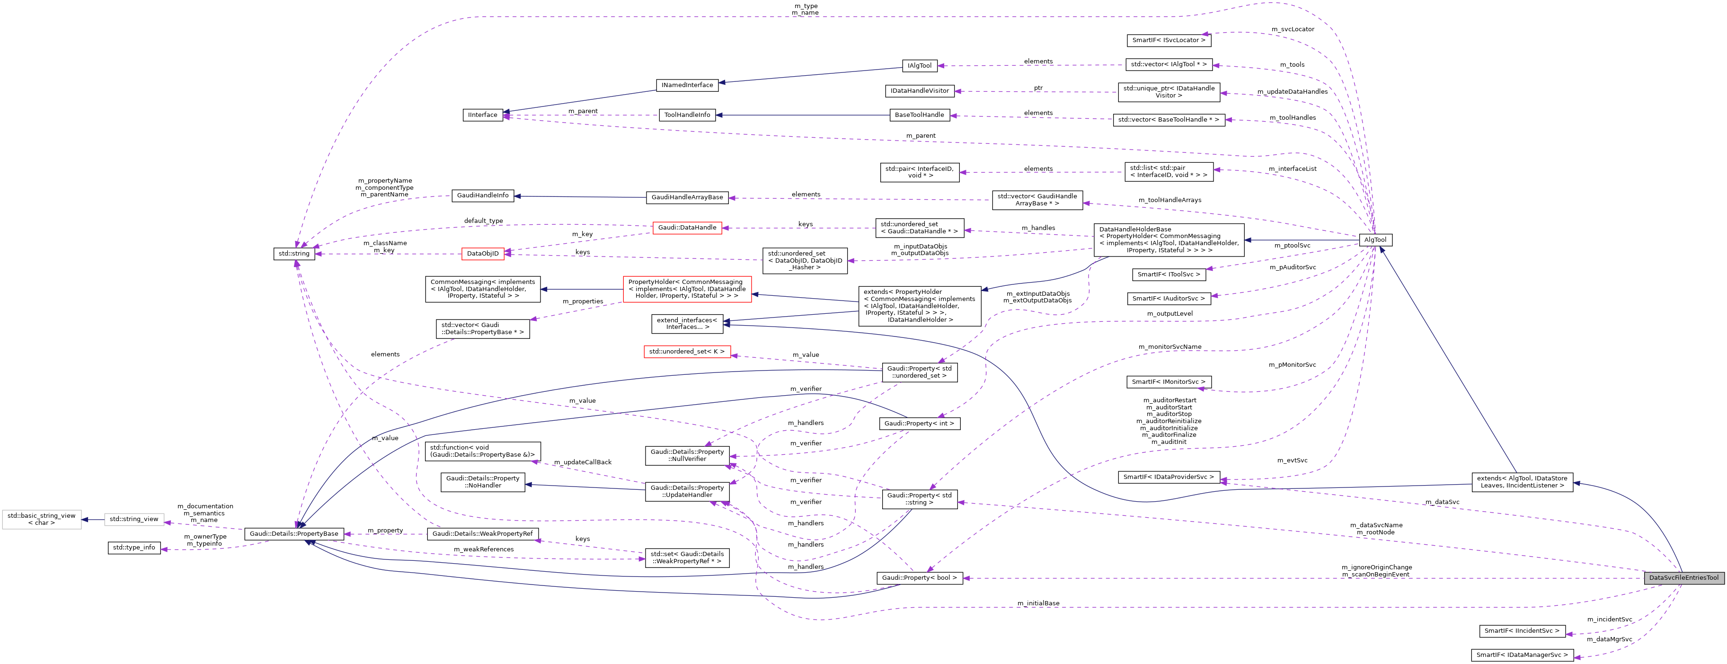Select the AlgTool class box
(1375, 240)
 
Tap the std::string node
(294, 254)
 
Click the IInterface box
(483, 115)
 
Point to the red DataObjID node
(483, 254)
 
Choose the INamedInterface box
(687, 85)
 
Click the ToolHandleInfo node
(687, 115)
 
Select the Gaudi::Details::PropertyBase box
(294, 534)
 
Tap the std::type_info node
(134, 548)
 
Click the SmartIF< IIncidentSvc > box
(1522, 631)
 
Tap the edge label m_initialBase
(1038, 603)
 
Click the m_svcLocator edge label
(1293, 29)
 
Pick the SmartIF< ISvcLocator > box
(1169, 40)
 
